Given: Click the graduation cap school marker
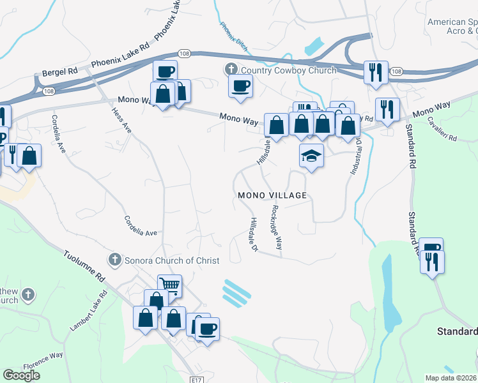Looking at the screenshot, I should tap(311, 155).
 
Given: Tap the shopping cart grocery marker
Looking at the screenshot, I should tap(170, 285).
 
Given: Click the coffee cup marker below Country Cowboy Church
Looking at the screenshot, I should tap(240, 86).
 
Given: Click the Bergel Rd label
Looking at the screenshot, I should tap(59, 72).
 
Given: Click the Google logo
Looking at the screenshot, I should tap(22, 375).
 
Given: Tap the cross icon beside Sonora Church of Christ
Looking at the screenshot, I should tap(114, 260).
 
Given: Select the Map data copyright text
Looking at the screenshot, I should tap(452, 378).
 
